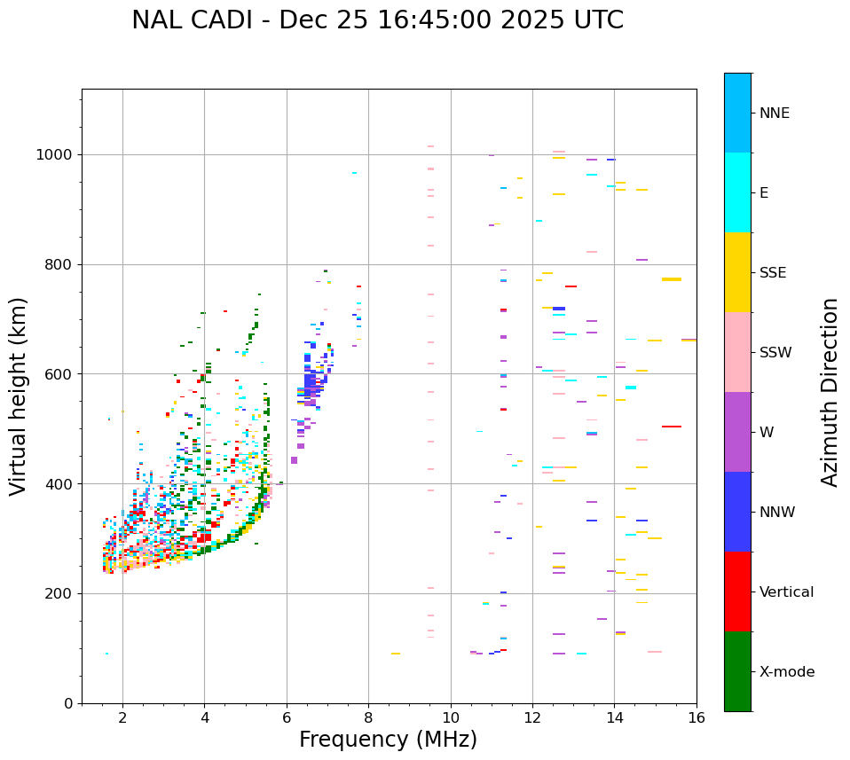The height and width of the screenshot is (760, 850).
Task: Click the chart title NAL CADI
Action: click(377, 20)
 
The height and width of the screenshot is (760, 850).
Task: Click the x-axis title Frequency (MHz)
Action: click(388, 740)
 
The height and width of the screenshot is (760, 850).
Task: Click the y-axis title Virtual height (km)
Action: click(19, 396)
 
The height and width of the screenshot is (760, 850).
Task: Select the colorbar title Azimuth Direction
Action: click(830, 392)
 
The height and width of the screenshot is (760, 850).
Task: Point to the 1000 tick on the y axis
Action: click(59, 154)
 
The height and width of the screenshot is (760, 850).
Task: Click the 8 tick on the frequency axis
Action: click(368, 717)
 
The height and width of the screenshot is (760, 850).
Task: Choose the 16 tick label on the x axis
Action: click(697, 717)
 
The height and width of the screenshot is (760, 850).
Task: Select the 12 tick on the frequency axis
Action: click(532, 717)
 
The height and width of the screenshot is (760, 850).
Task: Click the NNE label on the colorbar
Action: click(775, 114)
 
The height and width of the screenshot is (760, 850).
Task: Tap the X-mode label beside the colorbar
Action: click(787, 672)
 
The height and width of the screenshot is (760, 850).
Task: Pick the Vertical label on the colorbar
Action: click(786, 592)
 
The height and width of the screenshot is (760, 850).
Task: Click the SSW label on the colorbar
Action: click(775, 353)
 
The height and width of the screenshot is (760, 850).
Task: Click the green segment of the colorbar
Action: click(737, 671)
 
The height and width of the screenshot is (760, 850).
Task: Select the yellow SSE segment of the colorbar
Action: click(737, 272)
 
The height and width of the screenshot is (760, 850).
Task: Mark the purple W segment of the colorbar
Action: click(737, 432)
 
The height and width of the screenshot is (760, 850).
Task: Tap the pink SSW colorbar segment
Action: click(737, 352)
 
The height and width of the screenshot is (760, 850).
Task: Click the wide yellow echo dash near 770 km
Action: click(672, 279)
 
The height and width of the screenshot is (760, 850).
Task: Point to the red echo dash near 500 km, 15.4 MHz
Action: click(672, 427)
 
